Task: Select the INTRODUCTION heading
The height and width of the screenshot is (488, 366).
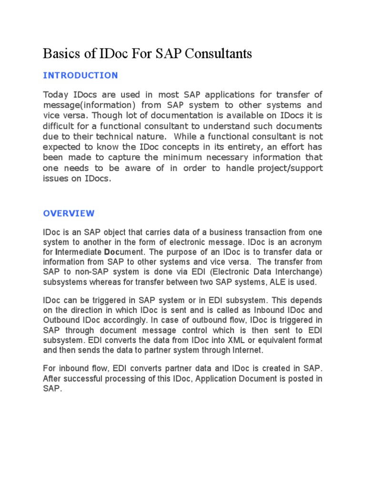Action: tap(80, 75)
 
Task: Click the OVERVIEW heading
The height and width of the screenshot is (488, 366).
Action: tap(69, 213)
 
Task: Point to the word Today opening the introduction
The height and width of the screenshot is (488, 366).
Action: tap(56, 94)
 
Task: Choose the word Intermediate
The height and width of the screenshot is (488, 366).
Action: tap(79, 252)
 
